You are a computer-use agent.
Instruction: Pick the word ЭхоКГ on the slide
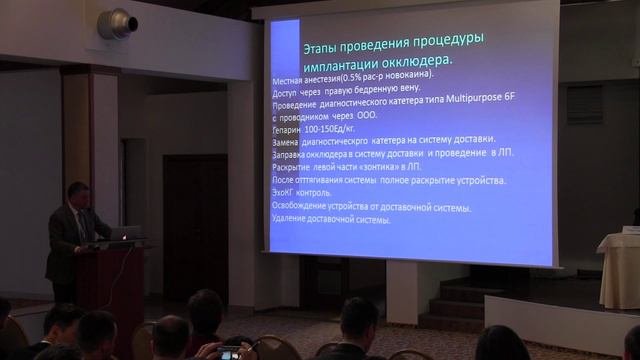(x=287, y=194)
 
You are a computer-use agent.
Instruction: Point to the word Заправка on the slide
(x=295, y=154)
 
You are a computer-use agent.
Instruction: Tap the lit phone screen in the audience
(x=230, y=352)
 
